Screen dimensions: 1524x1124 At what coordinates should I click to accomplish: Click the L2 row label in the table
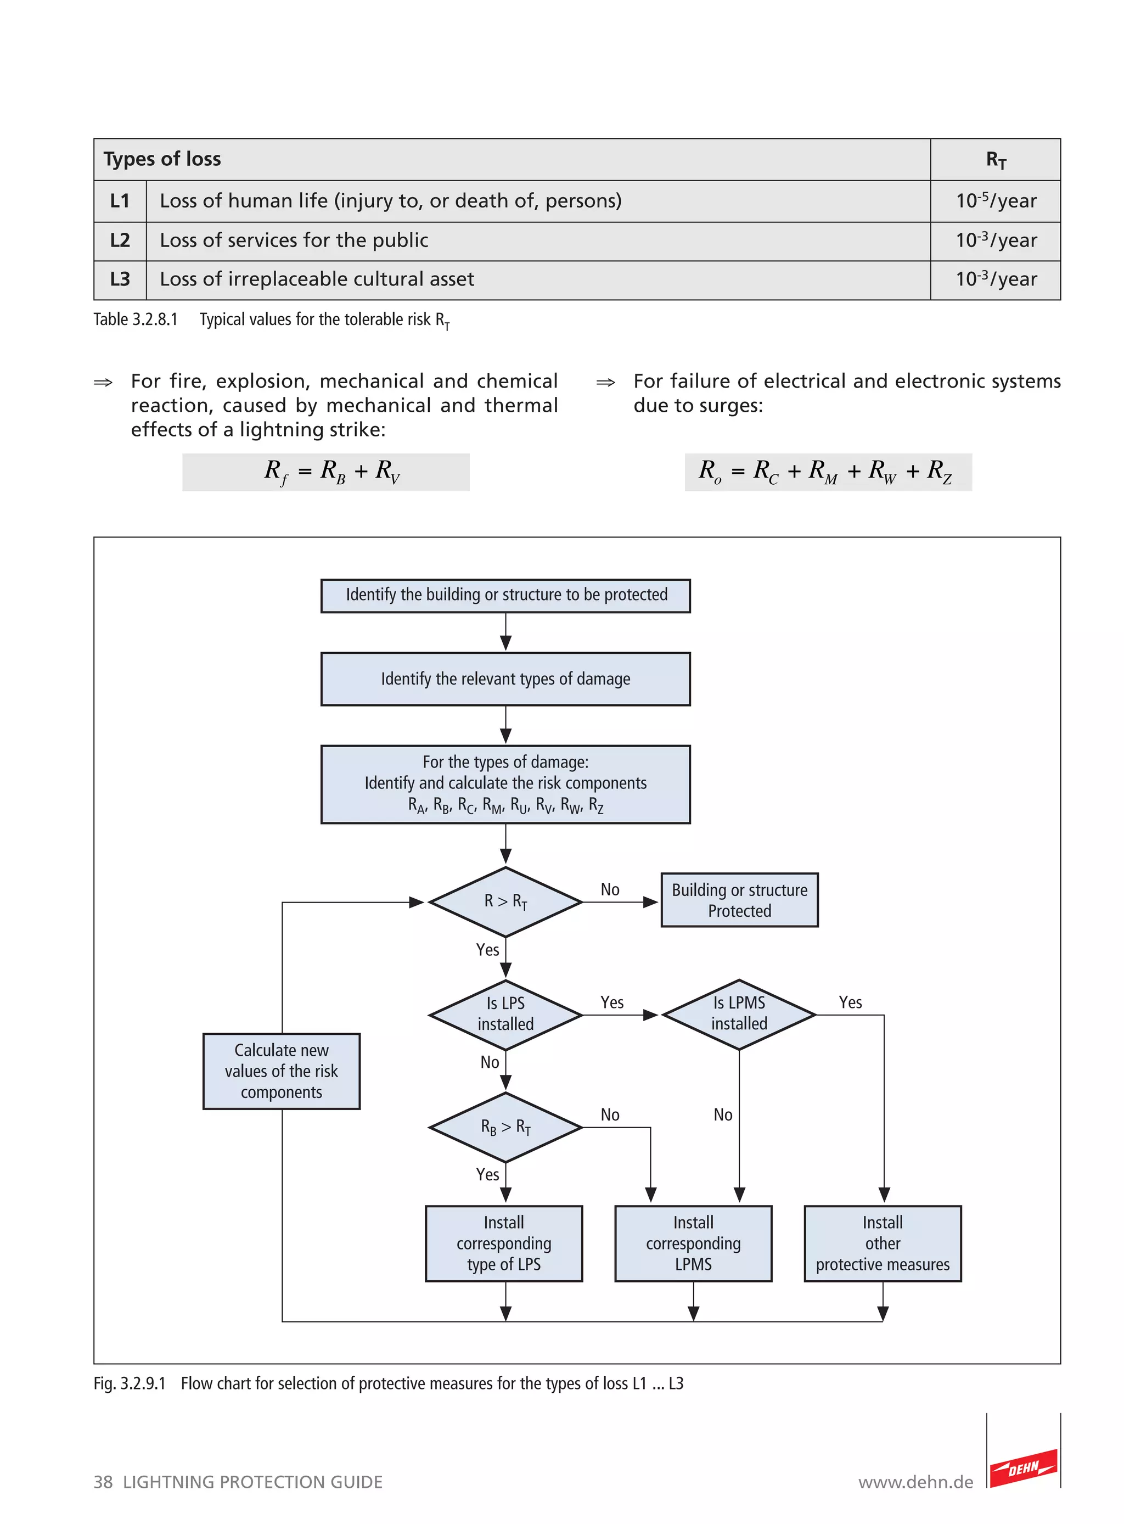click(x=120, y=240)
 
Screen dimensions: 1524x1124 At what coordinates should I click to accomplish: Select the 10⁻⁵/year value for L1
click(x=996, y=201)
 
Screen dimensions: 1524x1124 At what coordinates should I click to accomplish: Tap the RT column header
click(x=996, y=160)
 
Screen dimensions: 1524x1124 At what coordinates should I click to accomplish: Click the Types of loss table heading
click(x=162, y=159)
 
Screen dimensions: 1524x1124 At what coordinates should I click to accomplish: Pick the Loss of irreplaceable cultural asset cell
click(x=317, y=279)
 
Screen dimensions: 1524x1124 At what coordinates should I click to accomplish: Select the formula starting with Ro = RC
click(x=827, y=472)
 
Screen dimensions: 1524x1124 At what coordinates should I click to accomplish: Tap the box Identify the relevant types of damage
click(x=505, y=679)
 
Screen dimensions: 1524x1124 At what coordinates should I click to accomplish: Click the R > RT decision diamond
click(x=505, y=901)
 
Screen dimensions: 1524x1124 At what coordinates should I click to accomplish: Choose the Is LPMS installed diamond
click(x=739, y=1013)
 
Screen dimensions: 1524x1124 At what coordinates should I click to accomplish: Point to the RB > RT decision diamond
click(x=505, y=1127)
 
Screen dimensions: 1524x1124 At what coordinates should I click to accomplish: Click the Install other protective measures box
click(x=883, y=1243)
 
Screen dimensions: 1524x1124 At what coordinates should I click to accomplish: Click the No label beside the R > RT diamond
click(x=610, y=889)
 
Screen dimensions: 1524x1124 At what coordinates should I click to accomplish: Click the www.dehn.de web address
click(x=915, y=1482)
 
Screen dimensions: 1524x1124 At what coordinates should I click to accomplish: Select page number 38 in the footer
click(x=103, y=1482)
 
